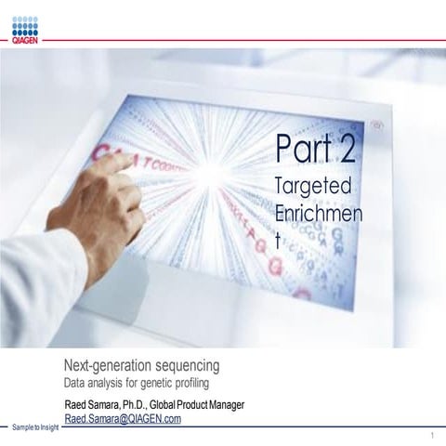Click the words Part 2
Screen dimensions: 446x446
click(316, 147)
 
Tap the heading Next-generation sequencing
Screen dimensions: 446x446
click(142, 363)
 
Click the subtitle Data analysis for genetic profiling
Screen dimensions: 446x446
click(138, 382)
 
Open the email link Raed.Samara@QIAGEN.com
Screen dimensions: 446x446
click(123, 418)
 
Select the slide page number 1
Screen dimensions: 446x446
click(434, 436)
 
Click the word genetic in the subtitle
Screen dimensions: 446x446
click(151, 382)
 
